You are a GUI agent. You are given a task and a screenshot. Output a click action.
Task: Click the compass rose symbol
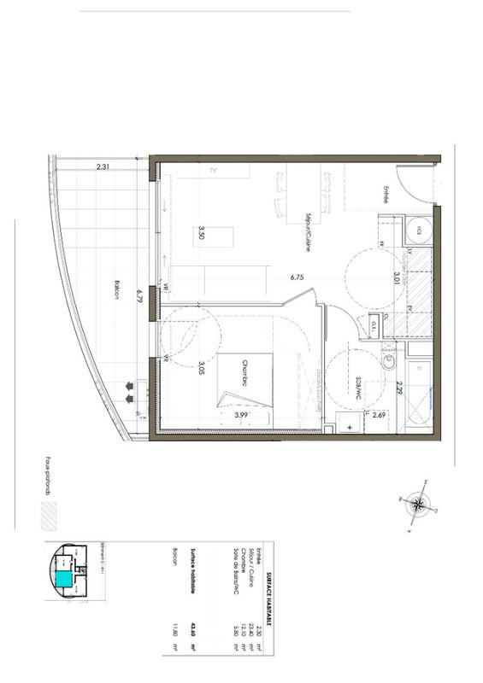[x=416, y=503]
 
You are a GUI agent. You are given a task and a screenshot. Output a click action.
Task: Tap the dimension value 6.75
[x=297, y=277]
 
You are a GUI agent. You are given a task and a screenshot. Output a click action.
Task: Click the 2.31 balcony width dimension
[x=104, y=167]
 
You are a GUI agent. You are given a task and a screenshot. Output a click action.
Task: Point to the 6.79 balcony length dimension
[x=138, y=297]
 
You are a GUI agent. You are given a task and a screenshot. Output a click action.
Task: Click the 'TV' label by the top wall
[x=215, y=172]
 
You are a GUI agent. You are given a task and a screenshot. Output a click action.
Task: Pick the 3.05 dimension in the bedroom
[x=201, y=369]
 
